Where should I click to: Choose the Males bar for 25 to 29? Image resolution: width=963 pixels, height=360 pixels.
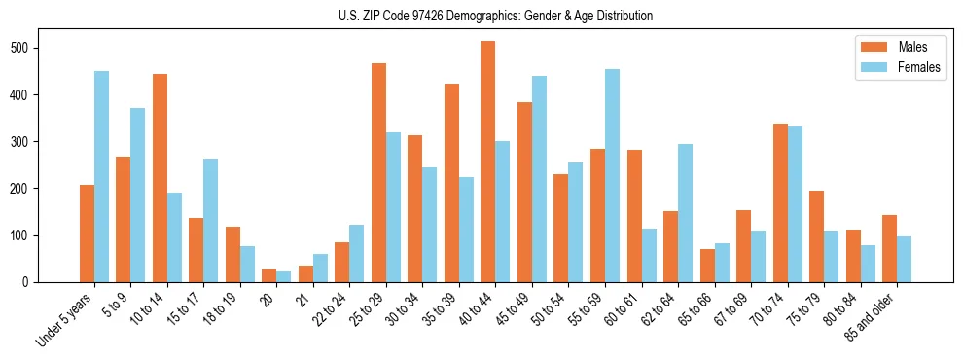coord(378,172)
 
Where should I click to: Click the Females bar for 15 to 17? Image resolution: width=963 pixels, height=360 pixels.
coord(211,220)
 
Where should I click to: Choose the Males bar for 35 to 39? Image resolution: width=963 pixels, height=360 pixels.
coord(451,183)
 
